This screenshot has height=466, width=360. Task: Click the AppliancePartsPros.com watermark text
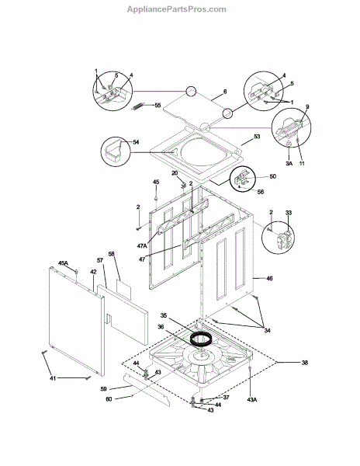pyautogui.click(x=177, y=9)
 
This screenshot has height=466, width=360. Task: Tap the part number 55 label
pyautogui.click(x=157, y=106)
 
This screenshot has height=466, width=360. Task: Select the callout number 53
pyautogui.click(x=257, y=137)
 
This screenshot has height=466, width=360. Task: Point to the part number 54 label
pyautogui.click(x=136, y=142)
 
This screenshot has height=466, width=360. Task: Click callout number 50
pyautogui.click(x=272, y=176)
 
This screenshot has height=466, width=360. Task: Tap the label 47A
pyautogui.click(x=143, y=245)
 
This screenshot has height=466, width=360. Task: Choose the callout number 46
pyautogui.click(x=269, y=279)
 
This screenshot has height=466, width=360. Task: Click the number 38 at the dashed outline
pyautogui.click(x=304, y=363)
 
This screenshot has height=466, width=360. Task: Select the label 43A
pyautogui.click(x=251, y=400)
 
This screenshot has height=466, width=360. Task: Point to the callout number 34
pyautogui.click(x=267, y=331)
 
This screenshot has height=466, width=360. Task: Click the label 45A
pyautogui.click(x=63, y=263)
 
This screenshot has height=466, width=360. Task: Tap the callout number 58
pyautogui.click(x=111, y=254)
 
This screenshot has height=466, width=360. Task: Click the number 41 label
pyautogui.click(x=53, y=378)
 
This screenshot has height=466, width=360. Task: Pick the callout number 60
pyautogui.click(x=109, y=399)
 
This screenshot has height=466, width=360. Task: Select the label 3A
pyautogui.click(x=289, y=163)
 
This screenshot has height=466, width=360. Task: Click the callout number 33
pyautogui.click(x=289, y=213)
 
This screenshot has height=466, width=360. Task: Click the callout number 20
pyautogui.click(x=175, y=173)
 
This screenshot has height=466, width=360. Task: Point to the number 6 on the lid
pyautogui.click(x=225, y=92)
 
